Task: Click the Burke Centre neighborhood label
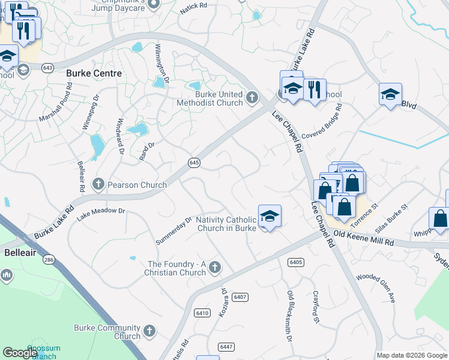click(94, 73)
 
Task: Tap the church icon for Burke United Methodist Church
click(252, 96)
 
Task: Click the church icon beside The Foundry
click(214, 266)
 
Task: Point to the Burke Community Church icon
click(149, 331)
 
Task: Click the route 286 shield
click(49, 260)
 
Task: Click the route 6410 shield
click(202, 313)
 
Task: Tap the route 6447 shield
click(226, 347)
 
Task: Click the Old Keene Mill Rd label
click(363, 238)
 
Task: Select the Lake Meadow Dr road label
click(101, 211)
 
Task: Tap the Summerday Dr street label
click(173, 230)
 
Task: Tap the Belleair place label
click(20, 253)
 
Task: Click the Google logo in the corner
click(20, 353)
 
